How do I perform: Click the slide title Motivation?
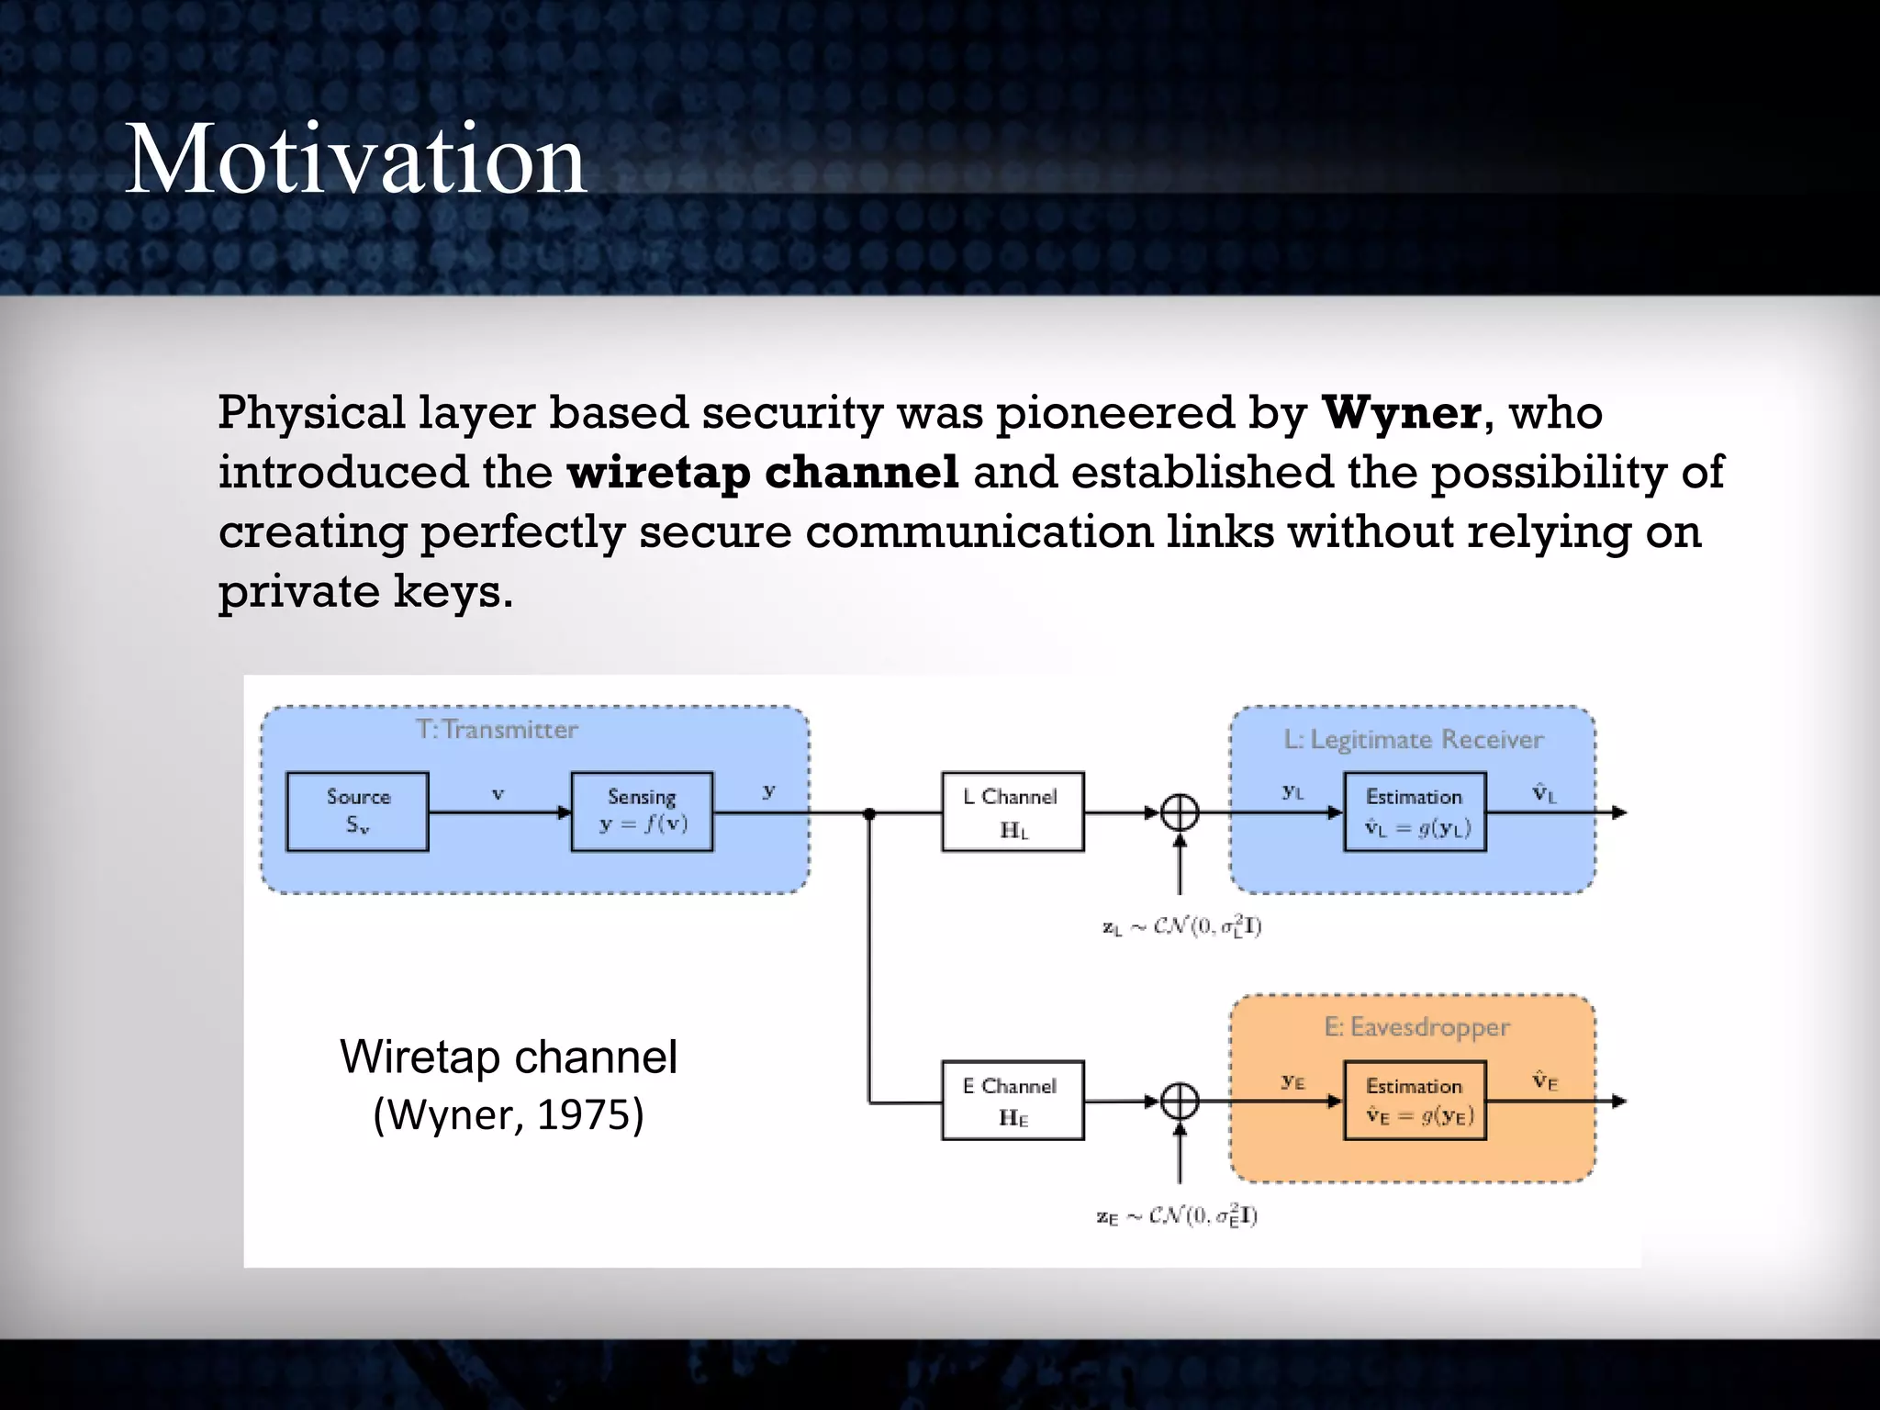[x=355, y=159]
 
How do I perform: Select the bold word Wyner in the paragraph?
[x=1401, y=413]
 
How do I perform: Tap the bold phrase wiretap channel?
[x=762, y=473]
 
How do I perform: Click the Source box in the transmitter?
[x=357, y=811]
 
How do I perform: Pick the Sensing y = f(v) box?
[x=642, y=811]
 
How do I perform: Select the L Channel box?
[x=1013, y=811]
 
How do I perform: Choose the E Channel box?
[x=1013, y=1101]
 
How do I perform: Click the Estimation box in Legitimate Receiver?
[x=1415, y=811]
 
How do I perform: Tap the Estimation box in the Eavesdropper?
[x=1415, y=1101]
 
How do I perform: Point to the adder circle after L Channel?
[x=1180, y=812]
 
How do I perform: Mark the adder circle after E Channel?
[x=1180, y=1102]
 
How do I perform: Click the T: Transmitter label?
[x=497, y=730]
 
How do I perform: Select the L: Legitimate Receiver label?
[x=1413, y=740]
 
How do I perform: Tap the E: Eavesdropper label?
[x=1416, y=1027]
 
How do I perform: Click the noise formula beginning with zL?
[x=1181, y=926]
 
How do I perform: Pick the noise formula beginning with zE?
[x=1177, y=1216]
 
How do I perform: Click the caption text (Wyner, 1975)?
[x=508, y=1114]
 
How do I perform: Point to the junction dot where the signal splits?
[x=869, y=813]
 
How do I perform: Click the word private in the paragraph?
[x=297, y=592]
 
